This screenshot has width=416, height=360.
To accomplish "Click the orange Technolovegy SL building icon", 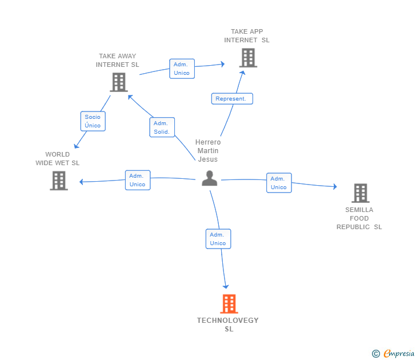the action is point(229,304).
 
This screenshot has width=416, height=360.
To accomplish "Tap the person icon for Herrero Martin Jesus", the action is point(209,178).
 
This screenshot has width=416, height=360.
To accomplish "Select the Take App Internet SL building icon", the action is point(249,58).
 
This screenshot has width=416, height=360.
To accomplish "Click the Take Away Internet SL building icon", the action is point(119,82).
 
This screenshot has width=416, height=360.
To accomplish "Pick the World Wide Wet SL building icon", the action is point(59,181).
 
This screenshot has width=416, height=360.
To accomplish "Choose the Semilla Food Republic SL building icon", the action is point(361,193).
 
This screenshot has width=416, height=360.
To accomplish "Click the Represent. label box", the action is point(232,99).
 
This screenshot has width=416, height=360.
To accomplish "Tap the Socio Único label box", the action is point(93,121).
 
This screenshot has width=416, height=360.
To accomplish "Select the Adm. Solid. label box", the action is point(162,127).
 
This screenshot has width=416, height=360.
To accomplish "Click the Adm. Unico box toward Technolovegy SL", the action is point(218,239).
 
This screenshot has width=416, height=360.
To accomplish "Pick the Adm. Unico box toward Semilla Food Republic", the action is point(279,183).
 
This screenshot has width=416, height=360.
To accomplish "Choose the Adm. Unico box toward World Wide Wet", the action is point(138,180).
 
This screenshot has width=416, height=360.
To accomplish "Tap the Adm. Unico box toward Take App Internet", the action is point(182,69).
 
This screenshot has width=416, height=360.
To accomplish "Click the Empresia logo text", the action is point(399,353).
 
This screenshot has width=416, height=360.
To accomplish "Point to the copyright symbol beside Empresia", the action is point(376,354).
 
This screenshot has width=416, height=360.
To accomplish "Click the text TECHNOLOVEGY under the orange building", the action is point(227,321).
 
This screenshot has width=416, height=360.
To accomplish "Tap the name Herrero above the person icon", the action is point(208,142).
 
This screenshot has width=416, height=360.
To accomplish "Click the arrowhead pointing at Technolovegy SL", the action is point(226,286).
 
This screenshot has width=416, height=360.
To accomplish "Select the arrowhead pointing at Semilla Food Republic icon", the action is point(335,186).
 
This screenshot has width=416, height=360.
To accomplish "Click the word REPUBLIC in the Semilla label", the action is point(353,227).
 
